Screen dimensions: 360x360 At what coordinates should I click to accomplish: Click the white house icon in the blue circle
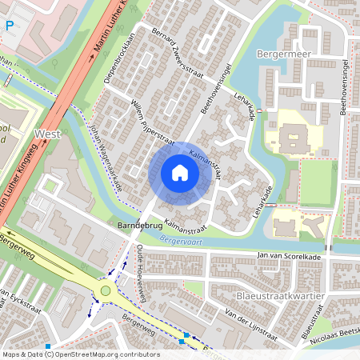click(x=180, y=172)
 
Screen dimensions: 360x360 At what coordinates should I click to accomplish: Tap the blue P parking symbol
click(x=9, y=25)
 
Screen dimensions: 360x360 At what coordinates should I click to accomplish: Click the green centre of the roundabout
click(x=105, y=291)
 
